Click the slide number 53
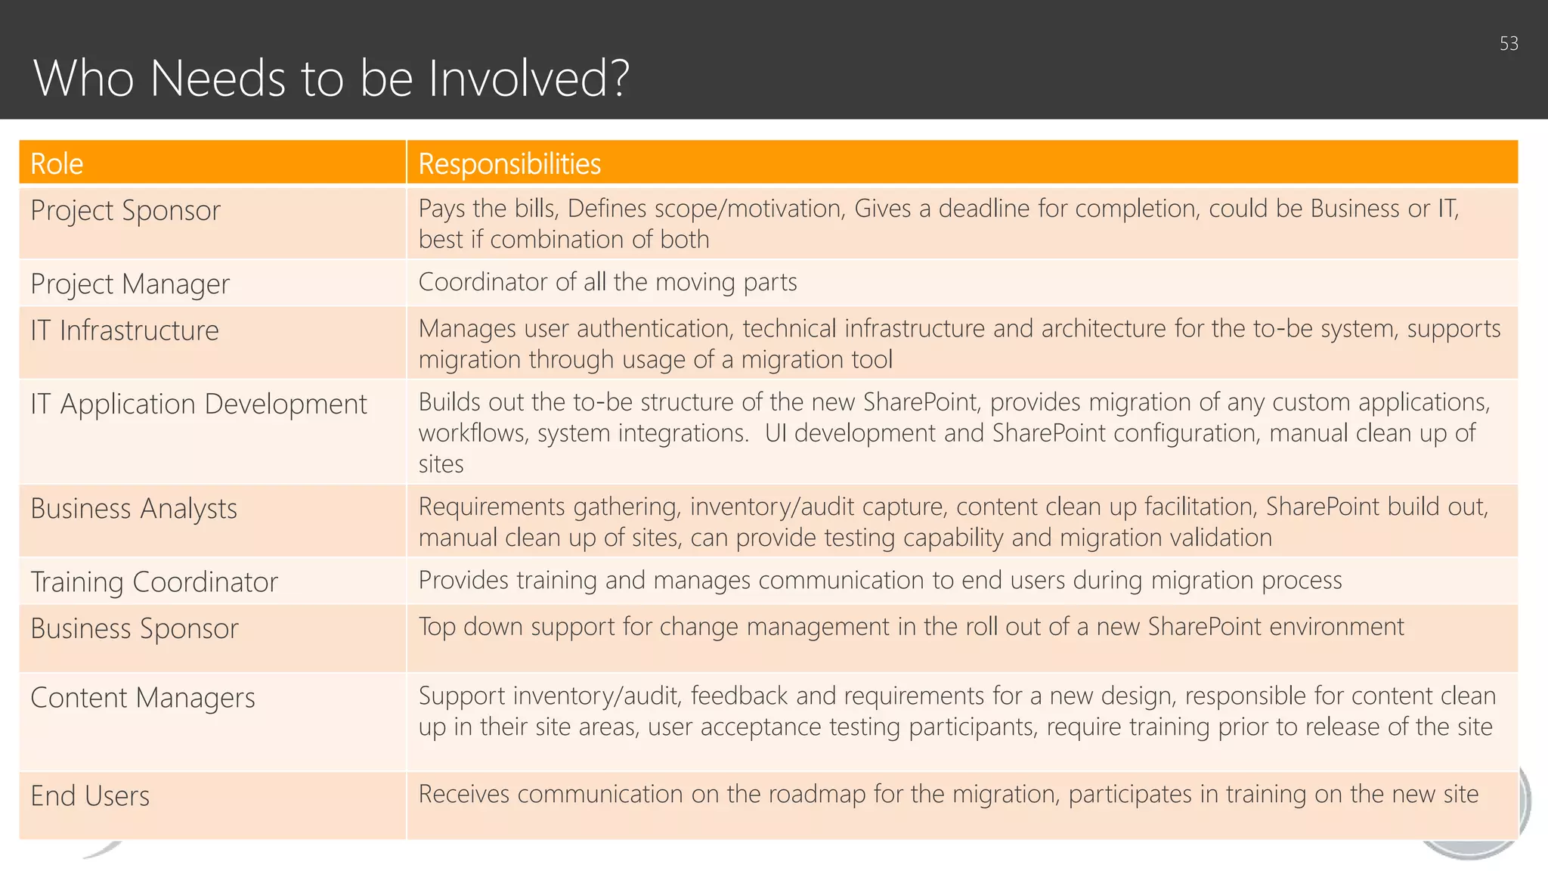click(1509, 44)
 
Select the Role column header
click(57, 164)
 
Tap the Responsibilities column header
click(509, 164)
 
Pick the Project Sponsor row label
click(125, 210)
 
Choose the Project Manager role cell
click(130, 284)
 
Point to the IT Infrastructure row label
click(125, 330)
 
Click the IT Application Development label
click(199, 405)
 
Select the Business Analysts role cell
click(134, 509)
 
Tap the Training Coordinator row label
click(154, 582)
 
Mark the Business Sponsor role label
click(135, 629)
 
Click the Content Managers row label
click(143, 698)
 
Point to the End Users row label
click(90, 796)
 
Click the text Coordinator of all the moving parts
click(608, 282)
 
